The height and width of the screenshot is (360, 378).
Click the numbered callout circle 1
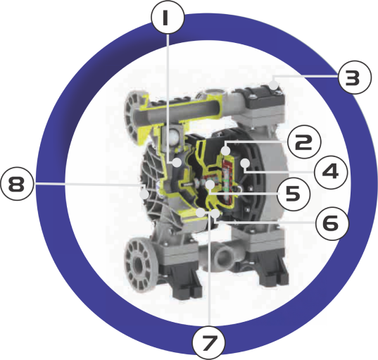[168, 18]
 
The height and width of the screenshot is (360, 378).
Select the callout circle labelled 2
[304, 142]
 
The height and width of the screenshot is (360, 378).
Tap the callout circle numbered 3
[355, 77]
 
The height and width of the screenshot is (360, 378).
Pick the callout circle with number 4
[331, 171]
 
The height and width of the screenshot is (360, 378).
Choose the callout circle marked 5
[293, 194]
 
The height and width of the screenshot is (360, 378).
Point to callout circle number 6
[332, 223]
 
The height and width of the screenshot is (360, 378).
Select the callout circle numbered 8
[17, 185]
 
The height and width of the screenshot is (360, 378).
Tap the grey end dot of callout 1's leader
[177, 162]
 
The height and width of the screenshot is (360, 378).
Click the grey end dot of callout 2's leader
[226, 151]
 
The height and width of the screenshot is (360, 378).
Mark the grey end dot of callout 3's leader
[274, 85]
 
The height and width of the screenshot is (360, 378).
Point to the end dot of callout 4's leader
[245, 163]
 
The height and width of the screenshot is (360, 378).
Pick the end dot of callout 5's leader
[210, 185]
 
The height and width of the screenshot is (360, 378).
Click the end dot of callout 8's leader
[144, 194]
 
